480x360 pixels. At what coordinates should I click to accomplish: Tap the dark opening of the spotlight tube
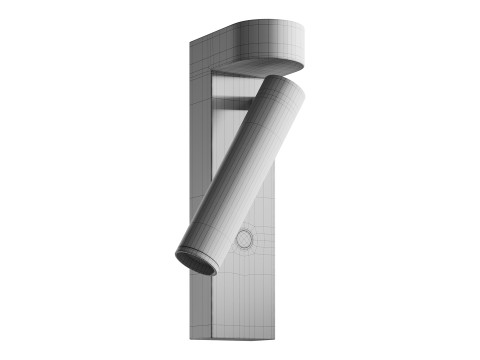pos(196,263)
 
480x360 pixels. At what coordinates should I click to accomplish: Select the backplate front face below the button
pos(245,295)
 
